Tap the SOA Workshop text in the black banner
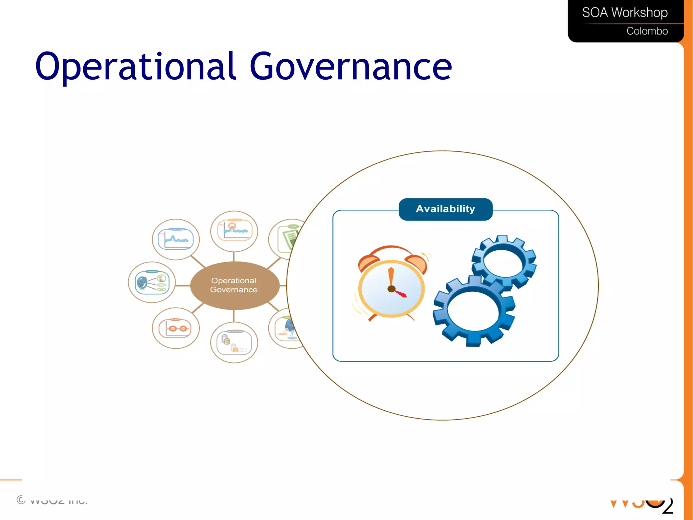[625, 13]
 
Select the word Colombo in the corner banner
[647, 31]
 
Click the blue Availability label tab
[445, 209]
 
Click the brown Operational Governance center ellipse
[234, 285]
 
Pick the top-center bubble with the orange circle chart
[234, 231]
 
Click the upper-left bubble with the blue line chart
[176, 239]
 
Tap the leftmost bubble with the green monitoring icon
[152, 282]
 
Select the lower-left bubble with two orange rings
[176, 328]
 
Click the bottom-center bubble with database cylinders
[234, 342]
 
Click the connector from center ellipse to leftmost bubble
[183, 286]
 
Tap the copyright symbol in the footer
[21, 500]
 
